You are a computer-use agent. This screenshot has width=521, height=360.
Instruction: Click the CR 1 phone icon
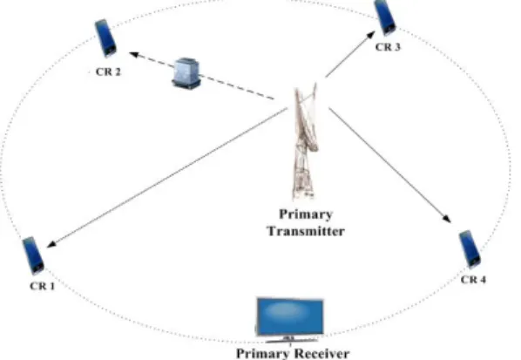[x=33, y=255]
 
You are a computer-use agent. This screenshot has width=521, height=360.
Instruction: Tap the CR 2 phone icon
[x=105, y=37]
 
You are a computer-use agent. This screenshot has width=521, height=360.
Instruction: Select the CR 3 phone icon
[x=385, y=17]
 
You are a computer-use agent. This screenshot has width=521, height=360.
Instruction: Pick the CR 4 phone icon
[x=470, y=248]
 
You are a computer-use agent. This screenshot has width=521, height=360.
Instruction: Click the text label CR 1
[x=42, y=286]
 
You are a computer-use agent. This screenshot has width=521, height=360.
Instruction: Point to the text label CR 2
[x=108, y=71]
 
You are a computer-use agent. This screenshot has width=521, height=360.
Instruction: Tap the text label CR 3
[x=388, y=47]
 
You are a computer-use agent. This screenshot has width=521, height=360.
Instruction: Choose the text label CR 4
[x=473, y=280]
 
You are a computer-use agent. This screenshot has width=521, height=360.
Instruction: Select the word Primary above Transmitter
[x=306, y=214]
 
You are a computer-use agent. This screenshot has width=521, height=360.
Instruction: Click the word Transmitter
[x=306, y=231]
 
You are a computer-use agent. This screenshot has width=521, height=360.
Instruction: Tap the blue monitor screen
[x=290, y=316]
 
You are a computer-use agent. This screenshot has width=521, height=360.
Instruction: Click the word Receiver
[x=321, y=354]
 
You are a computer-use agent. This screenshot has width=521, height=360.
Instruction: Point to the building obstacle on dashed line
[x=186, y=73]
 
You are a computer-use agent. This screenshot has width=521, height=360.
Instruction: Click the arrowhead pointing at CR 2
[x=133, y=54]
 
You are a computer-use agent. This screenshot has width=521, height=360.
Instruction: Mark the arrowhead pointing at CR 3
[x=369, y=35]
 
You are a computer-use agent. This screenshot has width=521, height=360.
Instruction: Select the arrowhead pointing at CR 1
[x=52, y=244]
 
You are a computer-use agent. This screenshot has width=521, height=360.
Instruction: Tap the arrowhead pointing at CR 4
[x=447, y=219]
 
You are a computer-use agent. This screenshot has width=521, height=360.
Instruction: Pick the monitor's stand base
[x=291, y=341]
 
